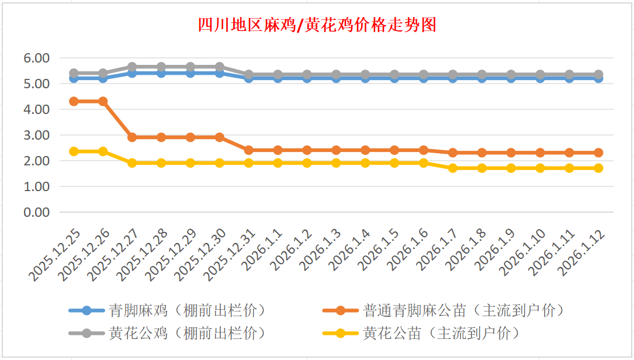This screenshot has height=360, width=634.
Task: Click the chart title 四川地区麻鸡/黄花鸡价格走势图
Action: click(317, 25)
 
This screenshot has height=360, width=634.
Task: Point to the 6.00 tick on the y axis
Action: click(36, 58)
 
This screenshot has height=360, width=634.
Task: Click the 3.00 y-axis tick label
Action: click(36, 135)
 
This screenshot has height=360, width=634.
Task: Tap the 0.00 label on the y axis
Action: click(36, 212)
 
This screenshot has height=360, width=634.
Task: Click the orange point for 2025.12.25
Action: click(74, 101)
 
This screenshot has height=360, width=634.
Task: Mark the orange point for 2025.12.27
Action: click(132, 137)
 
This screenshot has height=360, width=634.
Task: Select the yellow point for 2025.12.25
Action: click(74, 151)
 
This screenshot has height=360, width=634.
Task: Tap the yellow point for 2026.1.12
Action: click(598, 168)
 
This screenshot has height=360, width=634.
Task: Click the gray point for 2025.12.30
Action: click(220, 67)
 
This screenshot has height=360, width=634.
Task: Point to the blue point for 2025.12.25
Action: click(74, 78)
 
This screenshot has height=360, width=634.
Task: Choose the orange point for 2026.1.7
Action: click(453, 153)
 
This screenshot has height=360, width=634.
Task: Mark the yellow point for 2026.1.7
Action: click(453, 168)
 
